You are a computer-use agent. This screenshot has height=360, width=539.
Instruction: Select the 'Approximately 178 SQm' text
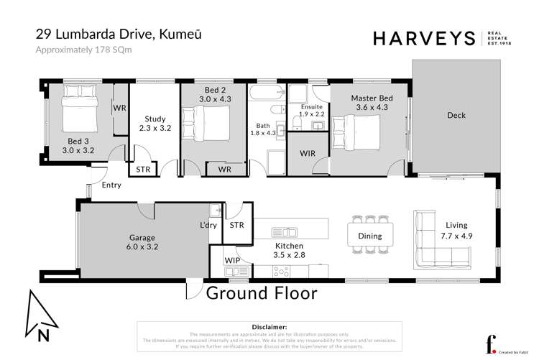(77, 50)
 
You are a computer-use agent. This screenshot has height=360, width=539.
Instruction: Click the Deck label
(456, 115)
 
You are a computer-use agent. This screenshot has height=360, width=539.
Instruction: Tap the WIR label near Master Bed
(306, 153)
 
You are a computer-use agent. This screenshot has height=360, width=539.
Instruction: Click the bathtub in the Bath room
(266, 95)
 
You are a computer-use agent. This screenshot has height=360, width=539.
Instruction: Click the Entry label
(111, 185)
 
